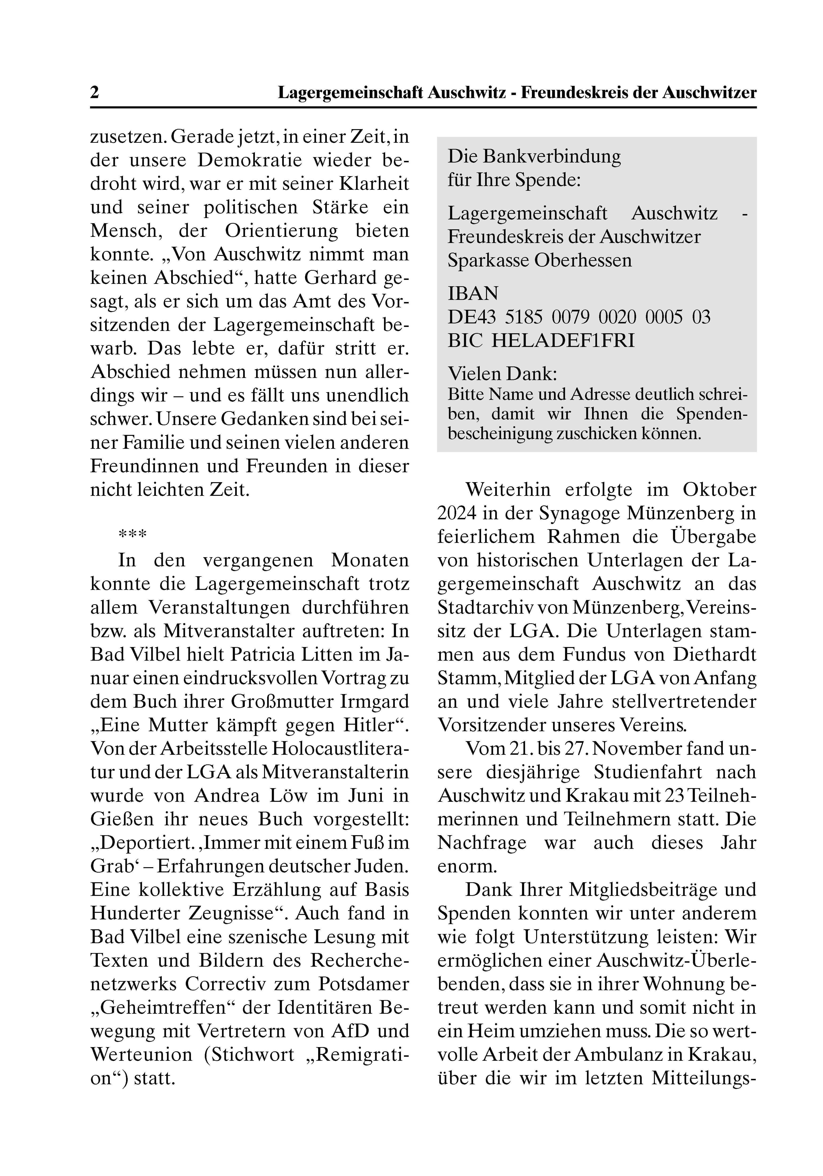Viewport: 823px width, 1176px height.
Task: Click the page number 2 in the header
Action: [95, 93]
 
